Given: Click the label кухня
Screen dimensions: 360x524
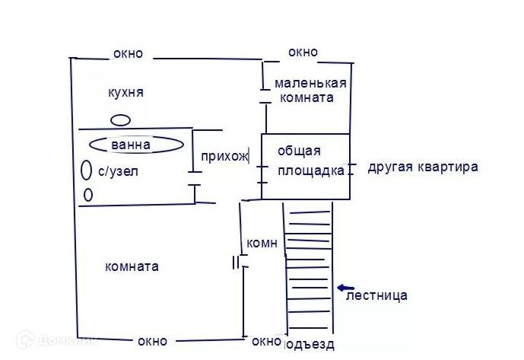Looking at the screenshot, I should (x=126, y=93).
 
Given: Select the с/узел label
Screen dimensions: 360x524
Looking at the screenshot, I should (x=118, y=172).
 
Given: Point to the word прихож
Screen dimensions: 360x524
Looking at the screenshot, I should (x=224, y=157).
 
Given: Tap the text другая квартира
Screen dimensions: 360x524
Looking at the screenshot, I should (x=423, y=167).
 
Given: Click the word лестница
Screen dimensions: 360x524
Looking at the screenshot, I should (x=376, y=295).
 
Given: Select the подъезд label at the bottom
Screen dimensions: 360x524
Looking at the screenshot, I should (x=309, y=345).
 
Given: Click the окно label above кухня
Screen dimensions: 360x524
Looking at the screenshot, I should (x=128, y=54).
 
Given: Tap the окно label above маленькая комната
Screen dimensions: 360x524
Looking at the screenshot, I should (x=303, y=53).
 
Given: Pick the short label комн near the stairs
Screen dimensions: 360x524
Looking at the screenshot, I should (x=262, y=244).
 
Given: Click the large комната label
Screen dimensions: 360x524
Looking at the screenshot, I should (x=132, y=266).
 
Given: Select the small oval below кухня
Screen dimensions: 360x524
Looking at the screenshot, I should (x=120, y=119).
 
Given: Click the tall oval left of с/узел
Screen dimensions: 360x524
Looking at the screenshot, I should (x=86, y=170).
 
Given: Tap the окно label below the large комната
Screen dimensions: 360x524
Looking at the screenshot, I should (x=152, y=340).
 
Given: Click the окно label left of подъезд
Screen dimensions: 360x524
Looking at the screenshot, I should (x=265, y=341).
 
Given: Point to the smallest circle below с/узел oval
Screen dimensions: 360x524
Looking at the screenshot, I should (x=87, y=196).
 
